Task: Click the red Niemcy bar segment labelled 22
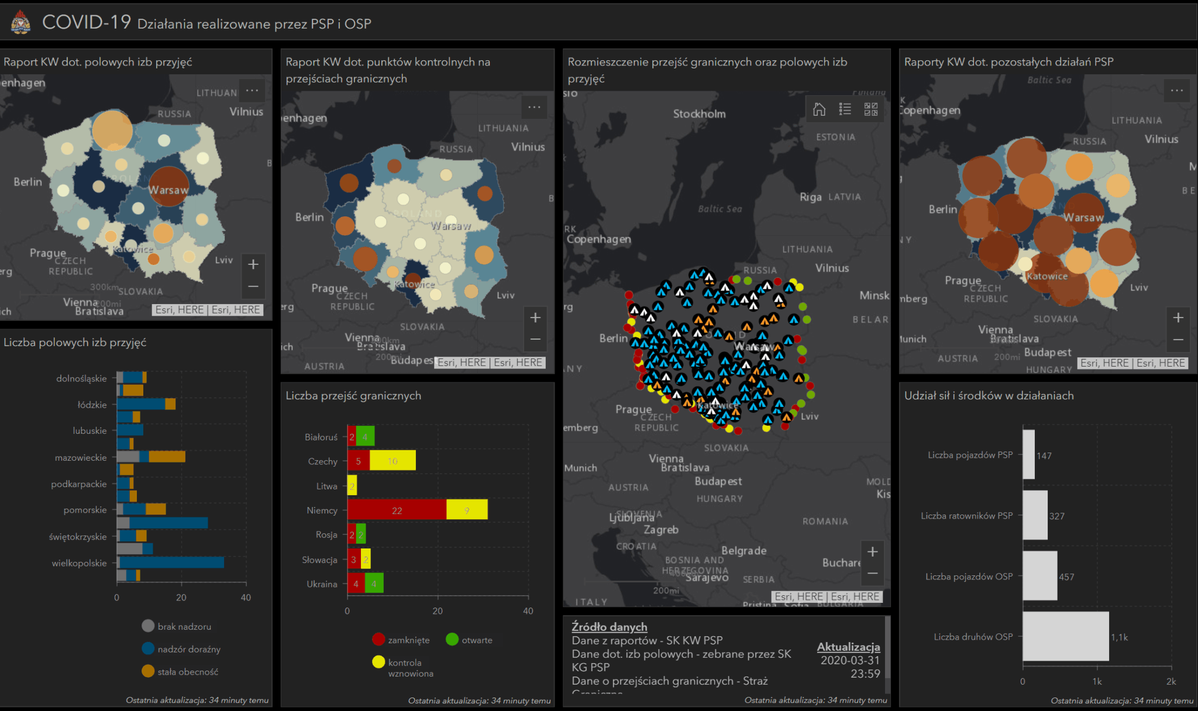[x=397, y=510]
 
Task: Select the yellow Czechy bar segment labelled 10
[x=393, y=461]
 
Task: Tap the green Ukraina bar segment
[x=374, y=584]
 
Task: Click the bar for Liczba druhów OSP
[x=1065, y=636]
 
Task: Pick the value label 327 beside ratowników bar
[x=1056, y=516]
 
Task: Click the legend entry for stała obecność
[x=187, y=672]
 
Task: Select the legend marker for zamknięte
[x=378, y=640]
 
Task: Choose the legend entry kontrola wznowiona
[x=410, y=668]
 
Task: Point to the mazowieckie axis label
[x=81, y=457]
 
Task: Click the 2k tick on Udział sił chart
[x=1171, y=681]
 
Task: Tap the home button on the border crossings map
[x=819, y=109]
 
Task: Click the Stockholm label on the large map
[x=699, y=114]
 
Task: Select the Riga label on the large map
[x=810, y=197]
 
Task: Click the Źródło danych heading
[x=609, y=627]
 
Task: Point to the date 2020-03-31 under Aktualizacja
[x=849, y=660]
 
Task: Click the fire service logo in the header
[x=20, y=23]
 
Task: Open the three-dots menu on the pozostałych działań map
[x=1176, y=91]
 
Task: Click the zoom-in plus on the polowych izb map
[x=253, y=264]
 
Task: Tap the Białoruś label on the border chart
[x=321, y=437]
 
